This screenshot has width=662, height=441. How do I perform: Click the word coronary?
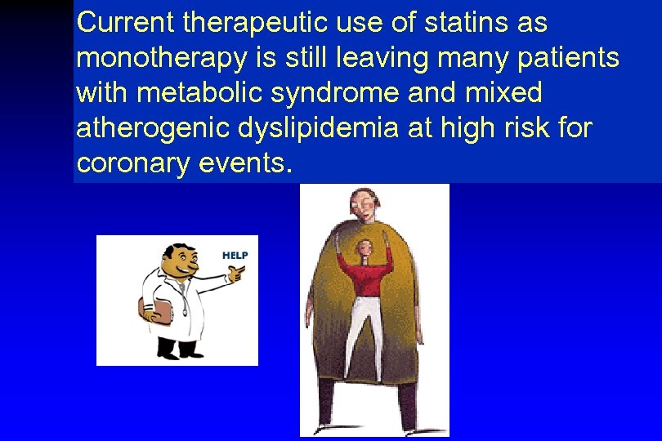132,163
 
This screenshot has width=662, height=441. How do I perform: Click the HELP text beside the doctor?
235,255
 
